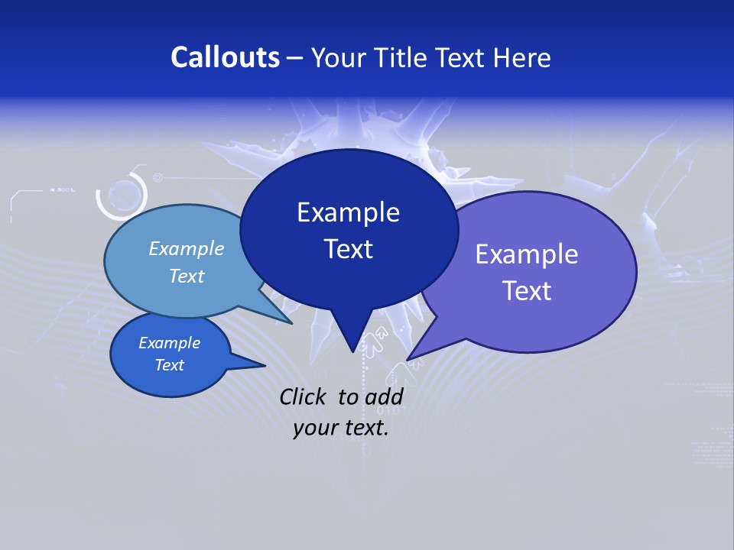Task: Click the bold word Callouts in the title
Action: pyautogui.click(x=225, y=57)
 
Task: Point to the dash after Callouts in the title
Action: pyautogui.click(x=296, y=58)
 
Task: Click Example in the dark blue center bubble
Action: pyautogui.click(x=348, y=212)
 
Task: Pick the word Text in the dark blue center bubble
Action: pyautogui.click(x=348, y=249)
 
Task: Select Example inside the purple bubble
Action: pyautogui.click(x=527, y=254)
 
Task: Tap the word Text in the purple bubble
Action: pyautogui.click(x=527, y=291)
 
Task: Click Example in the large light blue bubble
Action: pyautogui.click(x=186, y=248)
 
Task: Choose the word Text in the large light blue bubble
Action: pyautogui.click(x=186, y=276)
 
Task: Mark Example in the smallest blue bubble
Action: pyautogui.click(x=169, y=343)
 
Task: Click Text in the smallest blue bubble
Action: pyautogui.click(x=169, y=365)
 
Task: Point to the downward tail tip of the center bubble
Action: pyautogui.click(x=352, y=349)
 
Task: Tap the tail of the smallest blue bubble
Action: pyautogui.click(x=260, y=365)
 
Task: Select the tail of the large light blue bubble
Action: pyautogui.click(x=289, y=322)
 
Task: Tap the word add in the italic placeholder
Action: pyautogui.click(x=383, y=396)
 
